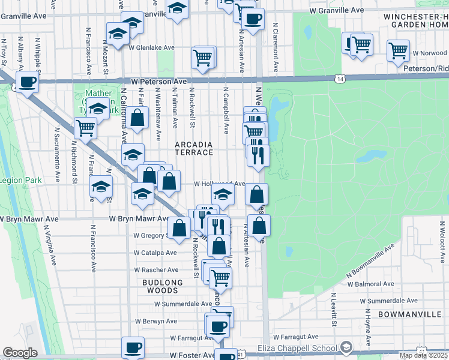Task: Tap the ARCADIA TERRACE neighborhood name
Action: click(x=194, y=149)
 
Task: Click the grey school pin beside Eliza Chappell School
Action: click(x=346, y=347)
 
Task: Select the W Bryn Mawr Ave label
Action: click(x=139, y=219)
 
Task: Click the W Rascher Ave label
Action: click(x=155, y=269)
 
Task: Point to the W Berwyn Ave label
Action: click(x=155, y=321)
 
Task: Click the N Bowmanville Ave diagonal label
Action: click(x=370, y=261)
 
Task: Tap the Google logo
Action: click(x=20, y=353)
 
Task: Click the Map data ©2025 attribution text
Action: click(x=423, y=355)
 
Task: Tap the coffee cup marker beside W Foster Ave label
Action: click(x=133, y=347)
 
